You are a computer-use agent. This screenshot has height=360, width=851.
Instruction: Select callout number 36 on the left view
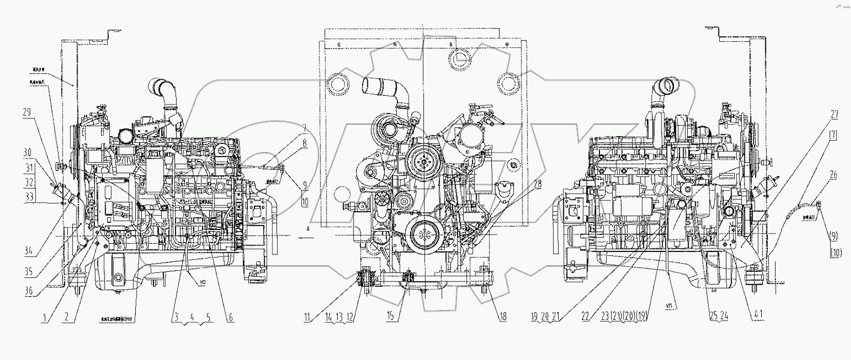[29, 292]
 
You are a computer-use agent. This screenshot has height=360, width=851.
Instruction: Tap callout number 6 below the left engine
[230, 318]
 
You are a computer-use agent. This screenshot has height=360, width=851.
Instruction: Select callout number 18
[503, 317]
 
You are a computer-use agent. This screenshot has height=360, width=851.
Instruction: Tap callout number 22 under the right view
[586, 317]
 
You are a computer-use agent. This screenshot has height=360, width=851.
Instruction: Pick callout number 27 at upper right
[834, 115]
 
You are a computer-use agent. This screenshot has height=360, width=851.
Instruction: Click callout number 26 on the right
[833, 175]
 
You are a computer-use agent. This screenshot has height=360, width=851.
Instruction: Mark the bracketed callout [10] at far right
[836, 252]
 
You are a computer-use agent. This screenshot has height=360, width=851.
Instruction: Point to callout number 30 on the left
[27, 152]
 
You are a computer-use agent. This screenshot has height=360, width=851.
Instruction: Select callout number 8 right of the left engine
[305, 144]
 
